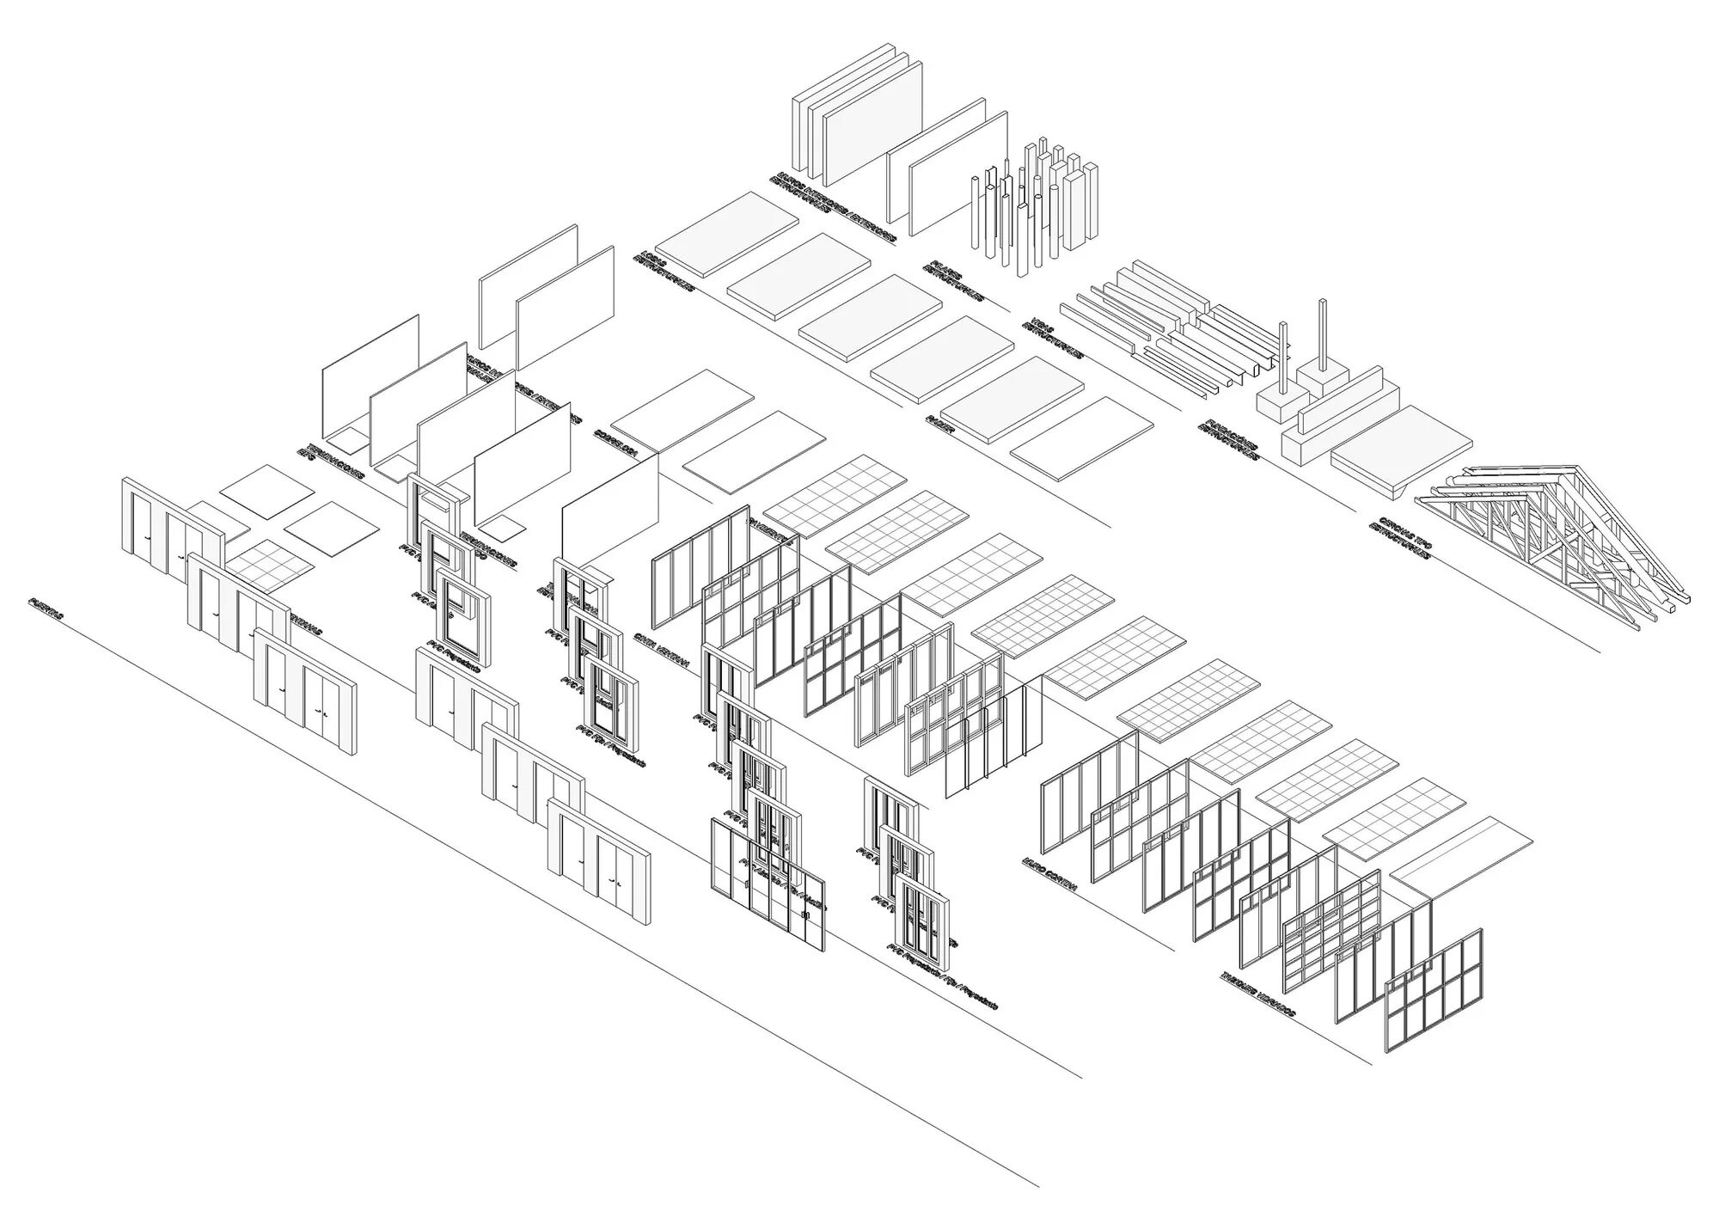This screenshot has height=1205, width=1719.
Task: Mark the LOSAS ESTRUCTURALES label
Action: pos(666,272)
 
